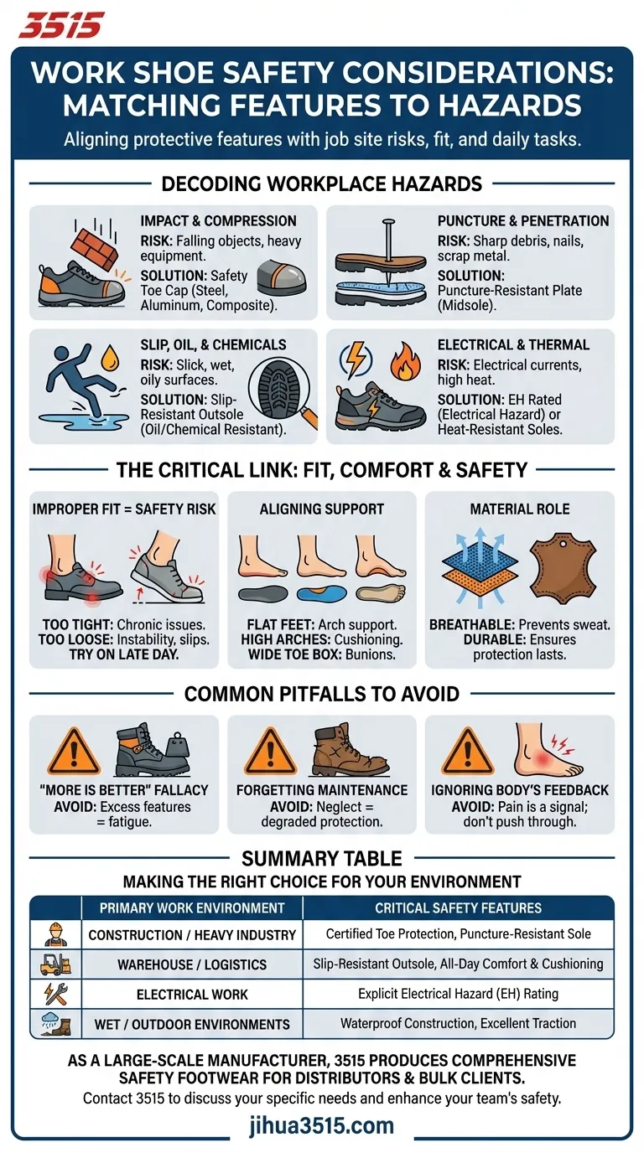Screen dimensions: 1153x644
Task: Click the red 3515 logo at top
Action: click(60, 24)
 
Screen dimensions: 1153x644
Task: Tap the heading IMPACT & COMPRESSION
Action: click(218, 221)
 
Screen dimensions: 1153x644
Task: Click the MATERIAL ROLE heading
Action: click(520, 509)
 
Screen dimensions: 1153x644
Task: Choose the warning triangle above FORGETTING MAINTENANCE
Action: click(270, 752)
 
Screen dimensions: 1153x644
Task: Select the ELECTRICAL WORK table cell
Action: click(192, 994)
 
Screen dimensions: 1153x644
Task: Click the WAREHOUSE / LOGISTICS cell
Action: click(192, 964)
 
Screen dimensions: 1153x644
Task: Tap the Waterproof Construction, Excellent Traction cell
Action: click(458, 1023)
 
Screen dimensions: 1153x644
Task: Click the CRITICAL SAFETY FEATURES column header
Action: click(458, 907)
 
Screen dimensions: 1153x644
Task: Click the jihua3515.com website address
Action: click(322, 1125)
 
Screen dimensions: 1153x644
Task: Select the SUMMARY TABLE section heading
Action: click(322, 858)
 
